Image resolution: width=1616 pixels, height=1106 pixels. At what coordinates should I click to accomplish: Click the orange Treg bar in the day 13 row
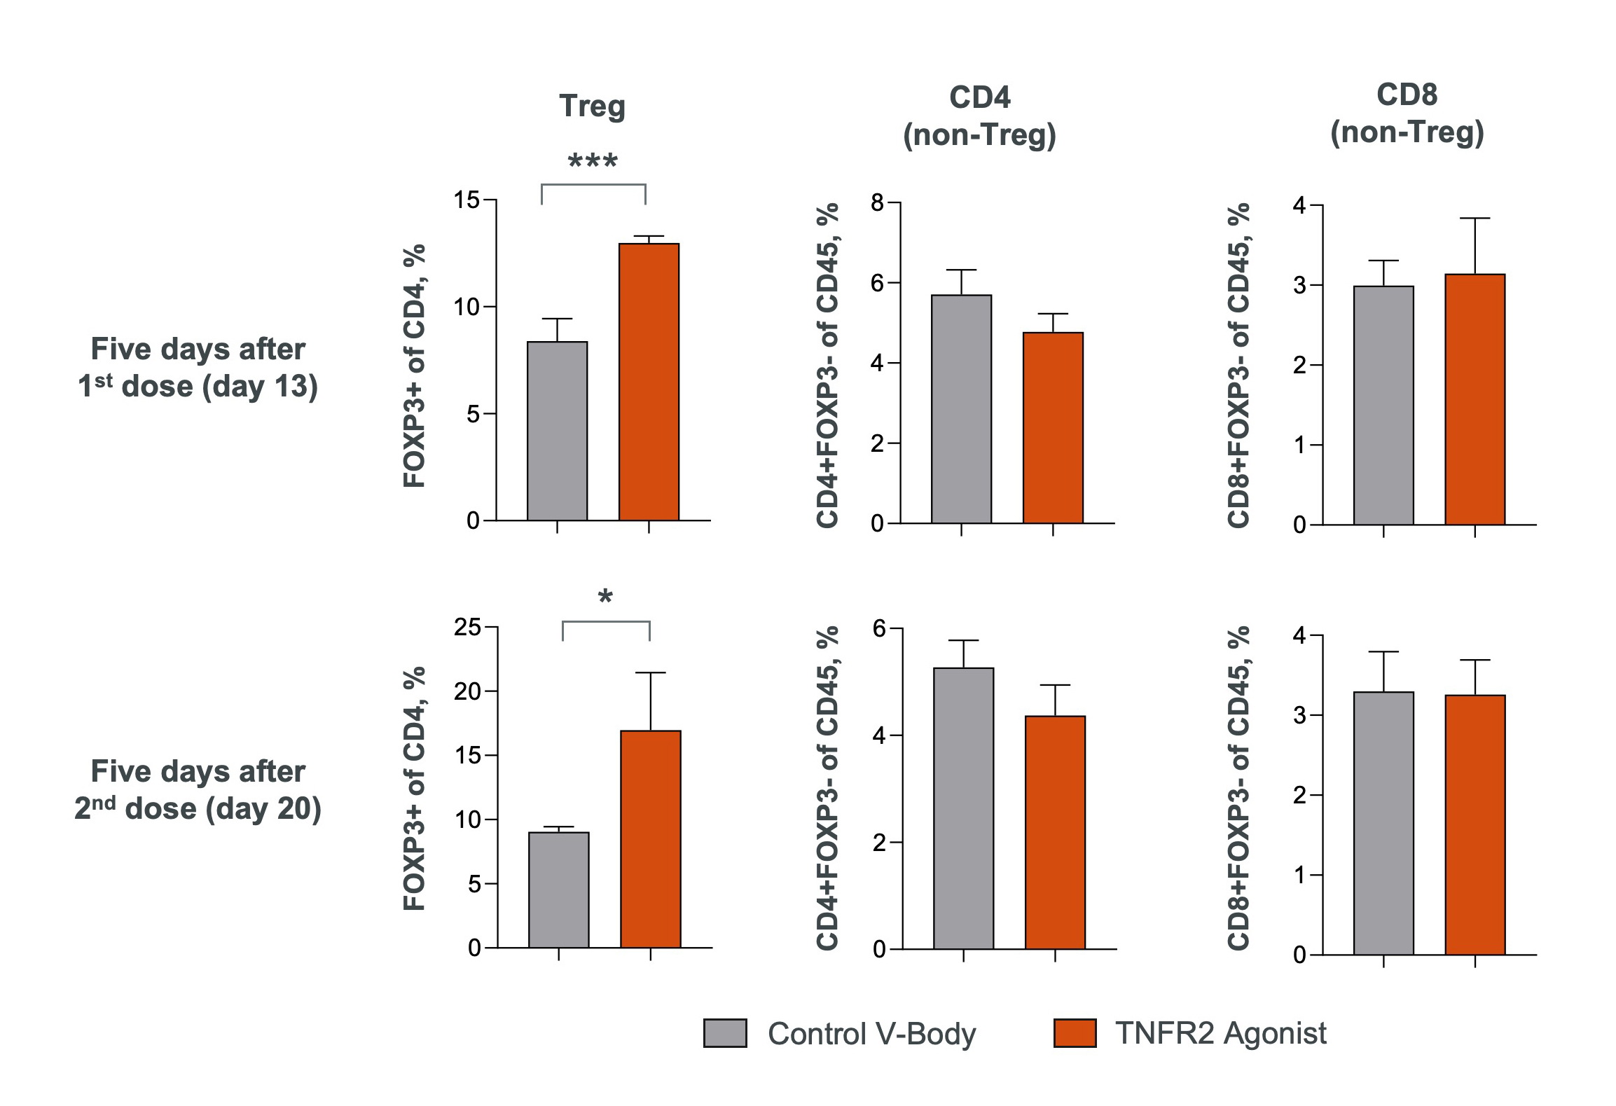click(649, 382)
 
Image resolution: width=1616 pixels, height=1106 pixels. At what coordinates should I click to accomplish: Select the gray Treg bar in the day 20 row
click(558, 890)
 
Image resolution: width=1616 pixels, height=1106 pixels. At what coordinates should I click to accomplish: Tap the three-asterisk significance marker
click(593, 162)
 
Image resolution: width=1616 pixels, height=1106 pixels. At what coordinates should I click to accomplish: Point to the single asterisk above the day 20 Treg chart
click(605, 597)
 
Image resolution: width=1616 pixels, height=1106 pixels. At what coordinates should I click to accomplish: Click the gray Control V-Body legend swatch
click(725, 1033)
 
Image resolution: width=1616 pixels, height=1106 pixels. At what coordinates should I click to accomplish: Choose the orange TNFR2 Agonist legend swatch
click(1075, 1033)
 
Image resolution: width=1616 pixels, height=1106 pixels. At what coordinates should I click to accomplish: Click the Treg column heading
click(592, 106)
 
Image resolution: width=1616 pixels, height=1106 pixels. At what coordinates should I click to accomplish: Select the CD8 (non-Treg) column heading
click(1407, 113)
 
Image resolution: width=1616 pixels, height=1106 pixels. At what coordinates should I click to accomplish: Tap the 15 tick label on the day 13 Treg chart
click(467, 200)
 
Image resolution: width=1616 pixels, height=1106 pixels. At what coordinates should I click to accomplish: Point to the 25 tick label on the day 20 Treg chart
click(467, 627)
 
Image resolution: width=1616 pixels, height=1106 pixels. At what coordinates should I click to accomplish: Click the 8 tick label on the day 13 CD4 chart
click(877, 203)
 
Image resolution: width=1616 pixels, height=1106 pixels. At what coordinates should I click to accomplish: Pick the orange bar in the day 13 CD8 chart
click(1475, 399)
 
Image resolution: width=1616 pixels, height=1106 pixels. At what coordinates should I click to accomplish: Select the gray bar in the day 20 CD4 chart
click(963, 808)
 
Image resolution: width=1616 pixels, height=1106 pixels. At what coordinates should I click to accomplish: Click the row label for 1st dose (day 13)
click(198, 368)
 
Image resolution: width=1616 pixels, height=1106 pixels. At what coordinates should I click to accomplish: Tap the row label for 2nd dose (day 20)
click(198, 790)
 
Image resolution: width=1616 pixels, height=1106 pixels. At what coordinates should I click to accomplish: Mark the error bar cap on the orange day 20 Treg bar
click(650, 672)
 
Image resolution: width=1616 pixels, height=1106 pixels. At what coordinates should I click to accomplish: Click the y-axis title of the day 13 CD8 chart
click(1238, 364)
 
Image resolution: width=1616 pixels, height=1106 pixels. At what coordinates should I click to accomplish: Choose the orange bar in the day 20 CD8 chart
click(1475, 824)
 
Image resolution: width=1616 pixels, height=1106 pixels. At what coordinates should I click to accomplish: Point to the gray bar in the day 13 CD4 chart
click(961, 409)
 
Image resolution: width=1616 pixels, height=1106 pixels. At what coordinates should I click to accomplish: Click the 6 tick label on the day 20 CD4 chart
click(880, 628)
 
